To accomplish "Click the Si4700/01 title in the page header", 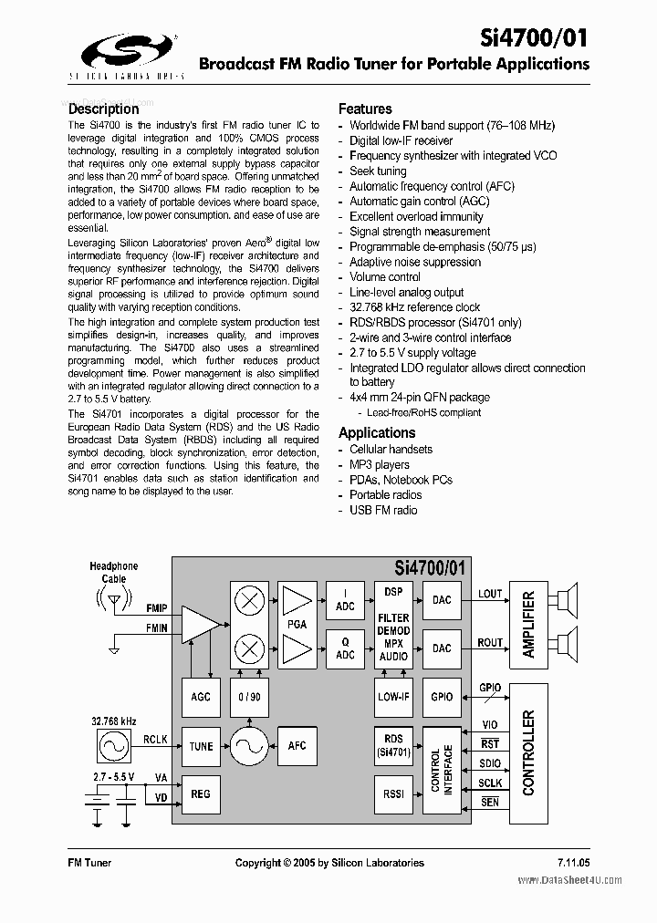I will tap(535, 38).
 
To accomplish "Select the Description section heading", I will tap(104, 109).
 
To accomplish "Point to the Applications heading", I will tap(377, 432).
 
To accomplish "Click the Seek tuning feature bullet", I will tap(378, 171).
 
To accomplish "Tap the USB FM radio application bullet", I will tap(383, 510).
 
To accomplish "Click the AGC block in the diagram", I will tap(201, 697).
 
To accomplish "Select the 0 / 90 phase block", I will tap(249, 697).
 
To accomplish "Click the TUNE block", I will tap(201, 746).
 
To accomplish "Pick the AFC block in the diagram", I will tap(297, 746).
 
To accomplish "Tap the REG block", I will tap(201, 793).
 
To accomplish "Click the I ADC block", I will tap(345, 599).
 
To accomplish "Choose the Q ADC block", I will tap(345, 648).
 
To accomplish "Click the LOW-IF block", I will tap(393, 697).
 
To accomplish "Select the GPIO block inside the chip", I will tap(442, 697).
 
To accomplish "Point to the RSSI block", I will tap(393, 793).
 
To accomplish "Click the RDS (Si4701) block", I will tap(393, 746).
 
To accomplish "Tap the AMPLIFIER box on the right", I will tap(528, 624).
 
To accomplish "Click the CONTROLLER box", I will tap(528, 752).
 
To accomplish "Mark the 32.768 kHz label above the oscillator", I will tap(114, 721).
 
